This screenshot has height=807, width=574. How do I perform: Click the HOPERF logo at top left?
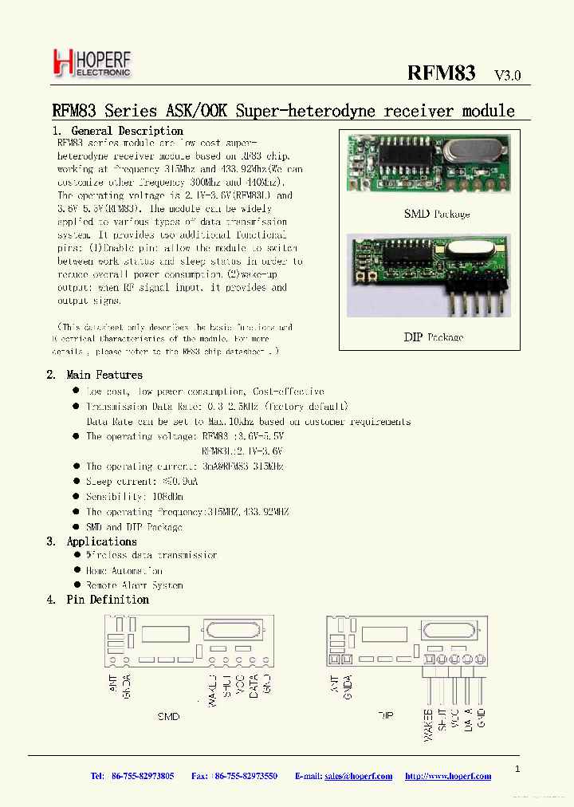pyautogui.click(x=91, y=62)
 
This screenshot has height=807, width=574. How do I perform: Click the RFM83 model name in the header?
pyautogui.click(x=441, y=73)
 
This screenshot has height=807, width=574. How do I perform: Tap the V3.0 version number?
pyautogui.click(x=507, y=76)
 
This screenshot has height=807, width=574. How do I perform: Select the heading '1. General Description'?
pyautogui.click(x=118, y=131)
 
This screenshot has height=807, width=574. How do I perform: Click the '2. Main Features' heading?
pyautogui.click(x=95, y=375)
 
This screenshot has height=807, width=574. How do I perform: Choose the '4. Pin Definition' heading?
pyautogui.click(x=98, y=600)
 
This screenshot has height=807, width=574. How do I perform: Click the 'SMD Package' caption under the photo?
pyautogui.click(x=437, y=214)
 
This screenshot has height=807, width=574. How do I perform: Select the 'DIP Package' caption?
pyautogui.click(x=433, y=337)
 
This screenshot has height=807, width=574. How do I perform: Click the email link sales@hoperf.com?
pyautogui.click(x=359, y=776)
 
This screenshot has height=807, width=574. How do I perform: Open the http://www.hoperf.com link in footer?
pyautogui.click(x=447, y=776)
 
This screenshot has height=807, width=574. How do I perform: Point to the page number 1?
pyautogui.click(x=517, y=769)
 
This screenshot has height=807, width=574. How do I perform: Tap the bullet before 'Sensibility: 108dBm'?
pyautogui.click(x=76, y=496)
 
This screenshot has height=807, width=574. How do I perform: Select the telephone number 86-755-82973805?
pyautogui.click(x=143, y=776)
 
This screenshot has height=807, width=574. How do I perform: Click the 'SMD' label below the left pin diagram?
pyautogui.click(x=168, y=716)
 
